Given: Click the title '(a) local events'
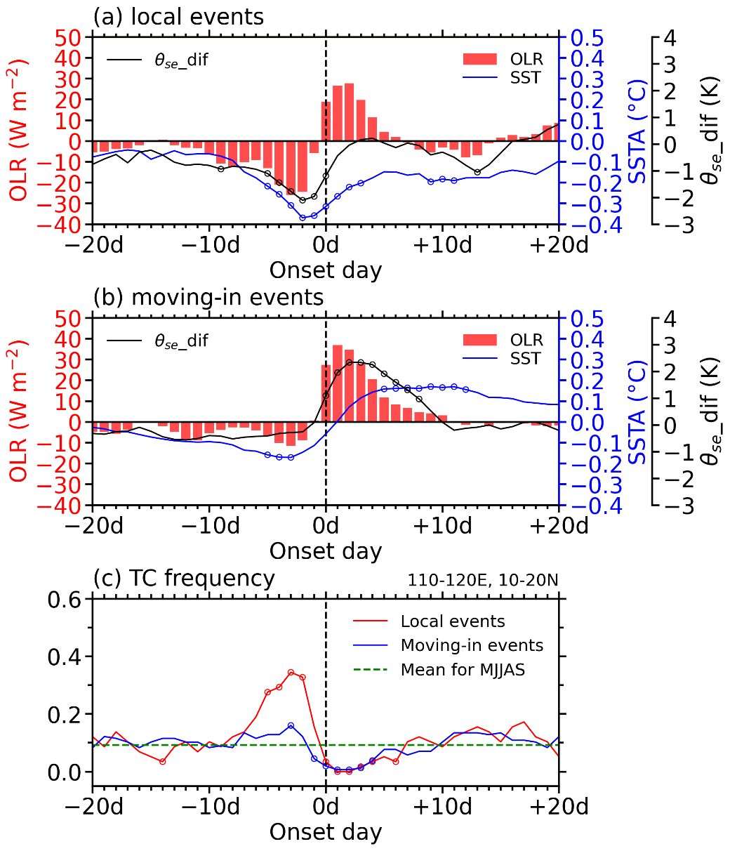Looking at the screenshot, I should pyautogui.click(x=178, y=17).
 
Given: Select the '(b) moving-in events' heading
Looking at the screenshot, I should pyautogui.click(x=208, y=298).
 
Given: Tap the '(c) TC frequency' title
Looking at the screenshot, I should pyautogui.click(x=183, y=579).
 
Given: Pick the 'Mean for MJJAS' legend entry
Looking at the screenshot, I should pyautogui.click(x=463, y=669).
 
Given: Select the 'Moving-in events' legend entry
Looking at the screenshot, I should pyautogui.click(x=472, y=645).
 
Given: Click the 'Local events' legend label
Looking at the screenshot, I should pyautogui.click(x=453, y=621).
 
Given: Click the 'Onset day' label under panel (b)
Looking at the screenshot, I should pyautogui.click(x=326, y=550).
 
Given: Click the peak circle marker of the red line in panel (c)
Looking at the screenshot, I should pyautogui.click(x=291, y=673).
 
